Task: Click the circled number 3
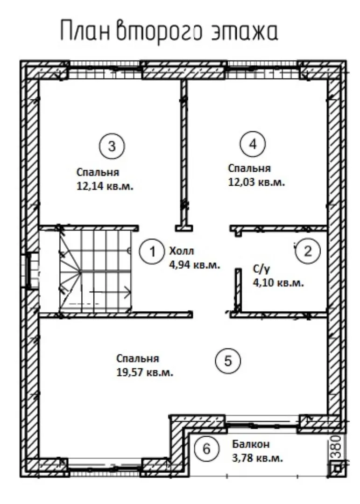click(112, 146)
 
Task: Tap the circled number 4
click(253, 144)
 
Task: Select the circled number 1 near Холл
click(152, 252)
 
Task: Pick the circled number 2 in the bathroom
click(308, 251)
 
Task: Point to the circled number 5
click(228, 361)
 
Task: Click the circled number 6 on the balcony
click(207, 448)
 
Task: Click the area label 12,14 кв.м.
click(105, 186)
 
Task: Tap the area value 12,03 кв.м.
click(257, 182)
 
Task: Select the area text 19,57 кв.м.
click(145, 372)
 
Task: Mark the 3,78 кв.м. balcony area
click(258, 458)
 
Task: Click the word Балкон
click(251, 444)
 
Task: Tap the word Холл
click(182, 251)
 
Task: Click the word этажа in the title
click(245, 31)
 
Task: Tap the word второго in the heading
click(160, 32)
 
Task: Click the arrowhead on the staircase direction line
click(128, 292)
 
